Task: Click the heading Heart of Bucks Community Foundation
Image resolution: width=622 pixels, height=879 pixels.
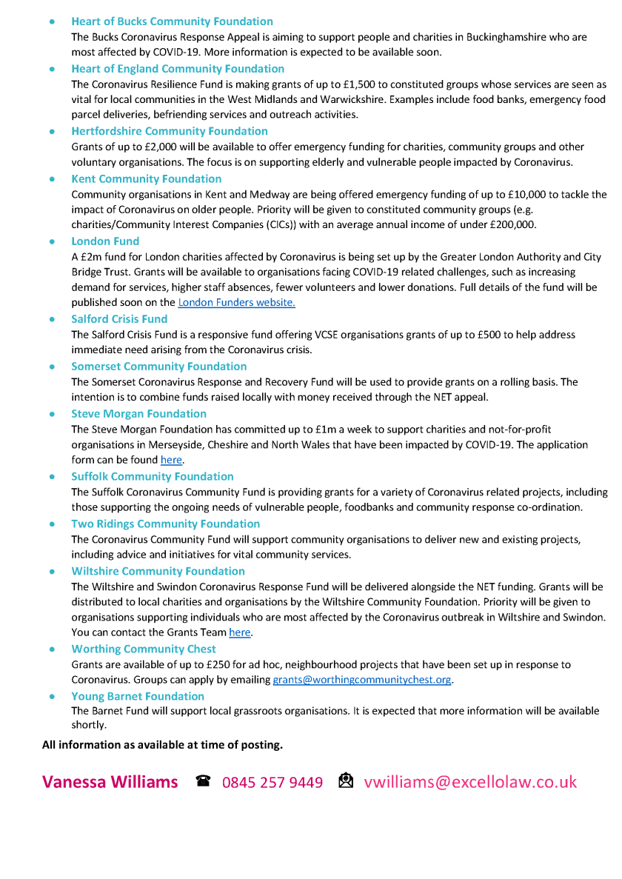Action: coord(172,21)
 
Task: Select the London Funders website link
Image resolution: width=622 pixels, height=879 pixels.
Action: coord(236,302)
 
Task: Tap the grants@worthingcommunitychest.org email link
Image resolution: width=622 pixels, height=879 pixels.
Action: coord(361,679)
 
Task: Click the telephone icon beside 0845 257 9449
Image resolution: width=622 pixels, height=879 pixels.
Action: coord(204,781)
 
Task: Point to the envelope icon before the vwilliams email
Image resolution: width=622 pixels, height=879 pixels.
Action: coord(346,781)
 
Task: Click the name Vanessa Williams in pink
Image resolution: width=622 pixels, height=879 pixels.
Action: coord(110,782)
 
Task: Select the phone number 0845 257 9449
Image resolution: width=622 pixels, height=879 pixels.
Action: coord(272,782)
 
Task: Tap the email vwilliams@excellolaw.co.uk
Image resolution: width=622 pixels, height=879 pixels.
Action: coord(470,782)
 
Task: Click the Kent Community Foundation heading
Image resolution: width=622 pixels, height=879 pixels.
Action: coord(146,178)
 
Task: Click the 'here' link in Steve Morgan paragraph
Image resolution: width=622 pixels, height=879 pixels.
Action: coord(171,461)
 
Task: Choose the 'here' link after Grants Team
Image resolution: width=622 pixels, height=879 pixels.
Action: coord(240,632)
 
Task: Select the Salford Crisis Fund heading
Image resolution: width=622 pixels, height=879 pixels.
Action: coord(119,318)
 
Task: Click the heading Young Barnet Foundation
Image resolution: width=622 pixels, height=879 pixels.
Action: coord(138,696)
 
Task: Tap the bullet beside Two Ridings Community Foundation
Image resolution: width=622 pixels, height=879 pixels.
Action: coord(52,524)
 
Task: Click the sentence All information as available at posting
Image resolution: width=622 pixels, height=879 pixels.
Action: coord(162,744)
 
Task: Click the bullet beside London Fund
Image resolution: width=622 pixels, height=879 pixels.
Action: coord(52,241)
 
